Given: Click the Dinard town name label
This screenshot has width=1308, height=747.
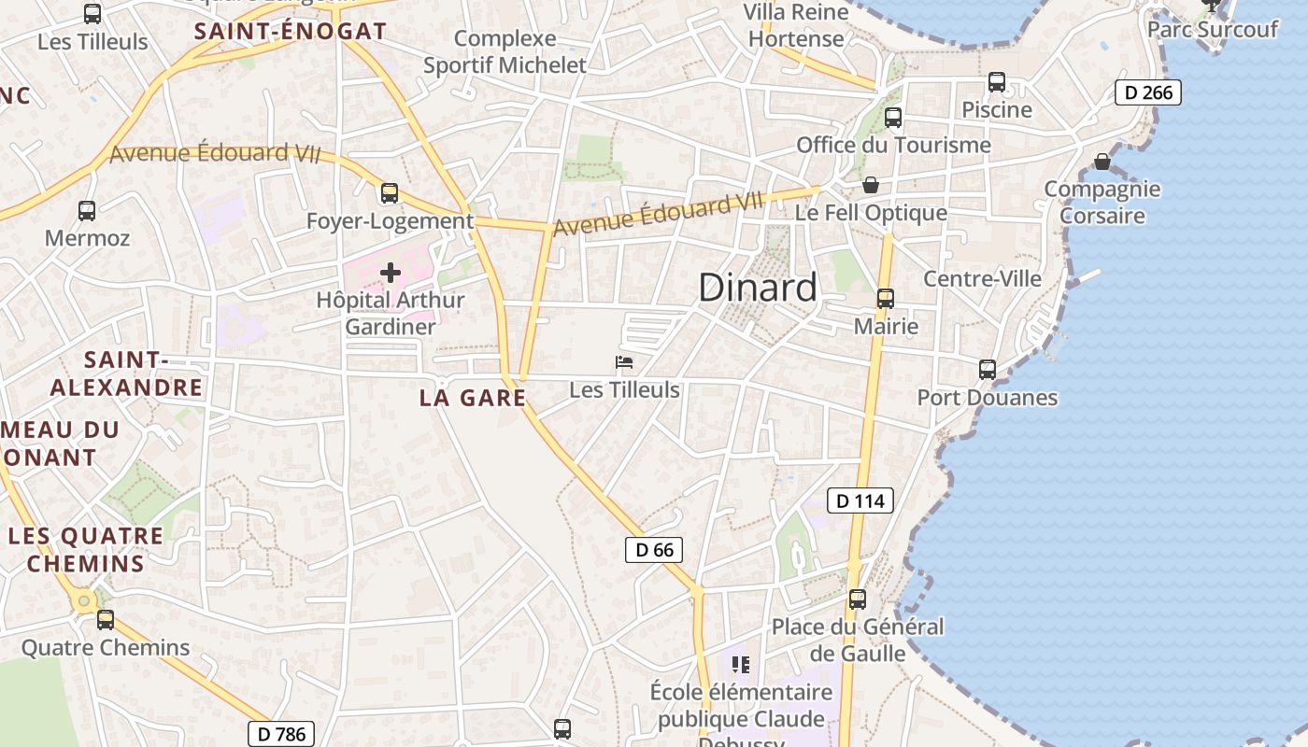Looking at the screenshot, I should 758,288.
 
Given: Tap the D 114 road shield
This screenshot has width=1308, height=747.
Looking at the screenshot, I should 860,500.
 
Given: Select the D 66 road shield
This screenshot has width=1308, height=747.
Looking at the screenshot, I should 654,550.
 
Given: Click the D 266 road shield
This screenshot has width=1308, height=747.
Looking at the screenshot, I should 1148,92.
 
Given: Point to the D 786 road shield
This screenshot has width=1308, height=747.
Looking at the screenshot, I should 281,734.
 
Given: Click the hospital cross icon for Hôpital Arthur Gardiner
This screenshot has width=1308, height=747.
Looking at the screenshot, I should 391,273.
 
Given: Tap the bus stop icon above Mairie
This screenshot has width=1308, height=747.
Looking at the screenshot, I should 885,299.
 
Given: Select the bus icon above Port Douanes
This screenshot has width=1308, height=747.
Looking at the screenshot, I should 988,370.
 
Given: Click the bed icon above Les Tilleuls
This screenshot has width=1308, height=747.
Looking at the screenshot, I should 624,362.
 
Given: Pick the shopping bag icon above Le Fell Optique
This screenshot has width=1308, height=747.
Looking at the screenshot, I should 871,185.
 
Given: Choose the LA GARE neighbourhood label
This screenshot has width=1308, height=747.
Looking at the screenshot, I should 473,398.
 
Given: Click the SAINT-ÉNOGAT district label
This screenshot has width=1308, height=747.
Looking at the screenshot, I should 290,31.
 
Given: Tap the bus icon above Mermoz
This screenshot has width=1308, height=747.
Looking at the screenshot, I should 87,211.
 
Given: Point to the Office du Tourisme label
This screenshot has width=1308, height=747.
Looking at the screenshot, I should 893,145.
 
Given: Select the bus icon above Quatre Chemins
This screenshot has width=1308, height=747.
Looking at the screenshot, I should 106,619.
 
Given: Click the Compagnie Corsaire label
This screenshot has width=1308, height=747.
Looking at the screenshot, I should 1102,203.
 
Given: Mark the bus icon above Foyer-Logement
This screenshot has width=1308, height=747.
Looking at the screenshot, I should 390,193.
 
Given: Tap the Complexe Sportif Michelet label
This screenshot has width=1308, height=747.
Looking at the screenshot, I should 505,52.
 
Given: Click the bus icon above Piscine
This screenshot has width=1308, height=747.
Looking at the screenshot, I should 997,82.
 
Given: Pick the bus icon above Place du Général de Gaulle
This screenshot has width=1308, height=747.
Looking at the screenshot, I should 858,599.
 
